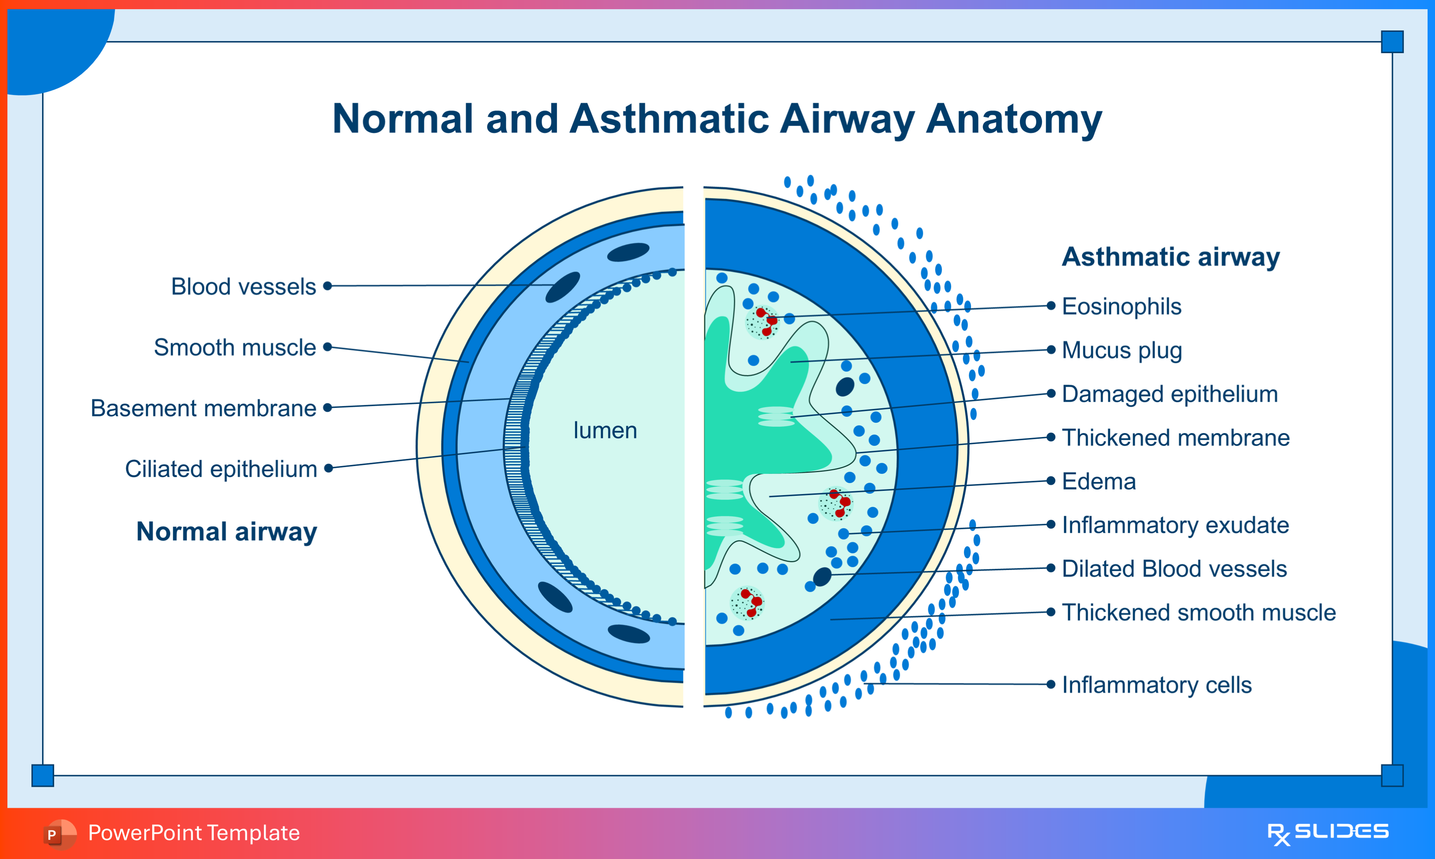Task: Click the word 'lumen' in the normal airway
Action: [605, 431]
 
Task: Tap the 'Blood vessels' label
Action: [244, 286]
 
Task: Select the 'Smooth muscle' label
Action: [235, 347]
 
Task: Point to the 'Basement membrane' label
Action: [204, 408]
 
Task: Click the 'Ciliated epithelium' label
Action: [221, 469]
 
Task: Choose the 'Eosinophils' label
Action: [1121, 306]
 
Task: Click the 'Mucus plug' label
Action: [1121, 350]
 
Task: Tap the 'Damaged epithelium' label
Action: [1169, 394]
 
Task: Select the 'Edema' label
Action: [1099, 481]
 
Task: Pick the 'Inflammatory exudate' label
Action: [1175, 525]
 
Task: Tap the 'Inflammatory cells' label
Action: [1156, 685]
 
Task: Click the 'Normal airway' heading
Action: [227, 531]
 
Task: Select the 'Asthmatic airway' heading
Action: [1170, 256]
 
